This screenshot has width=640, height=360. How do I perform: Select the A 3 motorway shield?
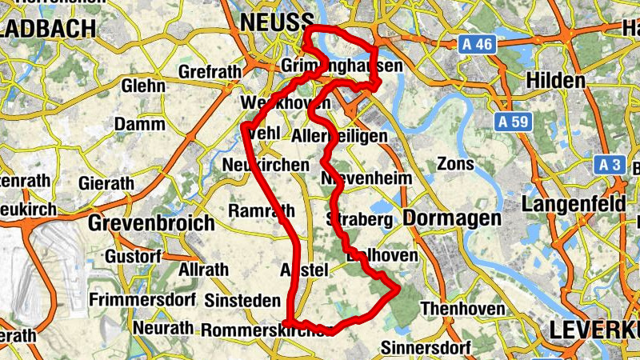610,165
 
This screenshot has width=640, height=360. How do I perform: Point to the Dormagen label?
453,218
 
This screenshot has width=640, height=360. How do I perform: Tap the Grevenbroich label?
151,222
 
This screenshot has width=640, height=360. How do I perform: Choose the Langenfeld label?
574,204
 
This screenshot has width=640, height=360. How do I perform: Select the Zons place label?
458,164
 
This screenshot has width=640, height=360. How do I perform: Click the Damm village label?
139,124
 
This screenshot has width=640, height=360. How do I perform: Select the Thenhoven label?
462,308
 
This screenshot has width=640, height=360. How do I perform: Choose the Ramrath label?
261,211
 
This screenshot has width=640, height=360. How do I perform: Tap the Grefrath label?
210,72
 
